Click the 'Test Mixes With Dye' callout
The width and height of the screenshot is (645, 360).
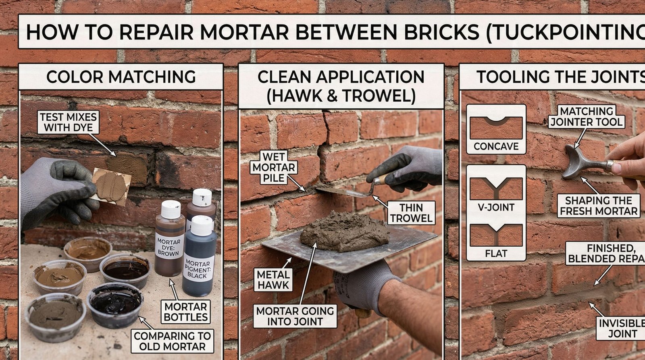click(x=69, y=122)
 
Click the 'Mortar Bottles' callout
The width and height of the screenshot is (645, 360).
click(x=185, y=311)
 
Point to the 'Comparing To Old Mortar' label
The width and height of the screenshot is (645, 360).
click(x=172, y=341)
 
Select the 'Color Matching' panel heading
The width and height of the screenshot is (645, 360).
click(x=121, y=77)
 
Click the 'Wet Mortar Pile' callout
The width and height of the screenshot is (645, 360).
click(x=274, y=167)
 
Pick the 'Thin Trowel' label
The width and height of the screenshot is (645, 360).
click(x=411, y=213)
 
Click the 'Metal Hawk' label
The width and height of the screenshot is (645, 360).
click(x=274, y=279)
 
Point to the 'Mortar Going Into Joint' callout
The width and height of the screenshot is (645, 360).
click(x=295, y=316)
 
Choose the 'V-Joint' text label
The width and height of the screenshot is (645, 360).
click(x=496, y=208)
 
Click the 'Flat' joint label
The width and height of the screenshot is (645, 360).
click(x=496, y=254)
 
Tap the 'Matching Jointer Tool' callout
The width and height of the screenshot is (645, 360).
click(x=586, y=116)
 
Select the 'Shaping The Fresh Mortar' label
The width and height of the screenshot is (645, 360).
click(x=598, y=206)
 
